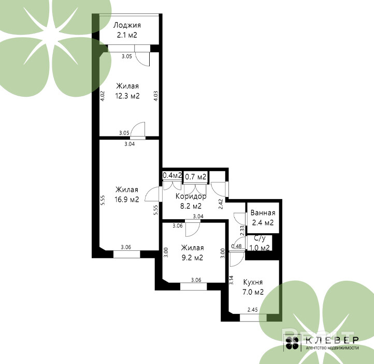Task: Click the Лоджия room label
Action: (127, 25)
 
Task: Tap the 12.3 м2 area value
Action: (127, 96)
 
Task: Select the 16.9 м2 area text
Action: (127, 200)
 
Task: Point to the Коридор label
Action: (191, 196)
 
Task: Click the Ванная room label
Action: (263, 213)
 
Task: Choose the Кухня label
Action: (253, 282)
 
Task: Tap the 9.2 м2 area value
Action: (192, 257)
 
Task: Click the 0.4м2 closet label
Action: (172, 175)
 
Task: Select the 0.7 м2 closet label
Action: (196, 177)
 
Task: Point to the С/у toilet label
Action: (260, 238)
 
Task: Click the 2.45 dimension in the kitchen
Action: (253, 310)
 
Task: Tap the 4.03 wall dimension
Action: (156, 96)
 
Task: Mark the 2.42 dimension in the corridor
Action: (221, 204)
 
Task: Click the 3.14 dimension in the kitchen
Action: (231, 280)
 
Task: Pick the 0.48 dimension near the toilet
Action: (236, 246)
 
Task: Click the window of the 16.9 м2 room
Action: (127, 254)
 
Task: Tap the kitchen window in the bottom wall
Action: (253, 317)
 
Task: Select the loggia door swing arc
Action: (141, 61)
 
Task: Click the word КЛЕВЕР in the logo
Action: (332, 340)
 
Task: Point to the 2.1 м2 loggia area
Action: (127, 35)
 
